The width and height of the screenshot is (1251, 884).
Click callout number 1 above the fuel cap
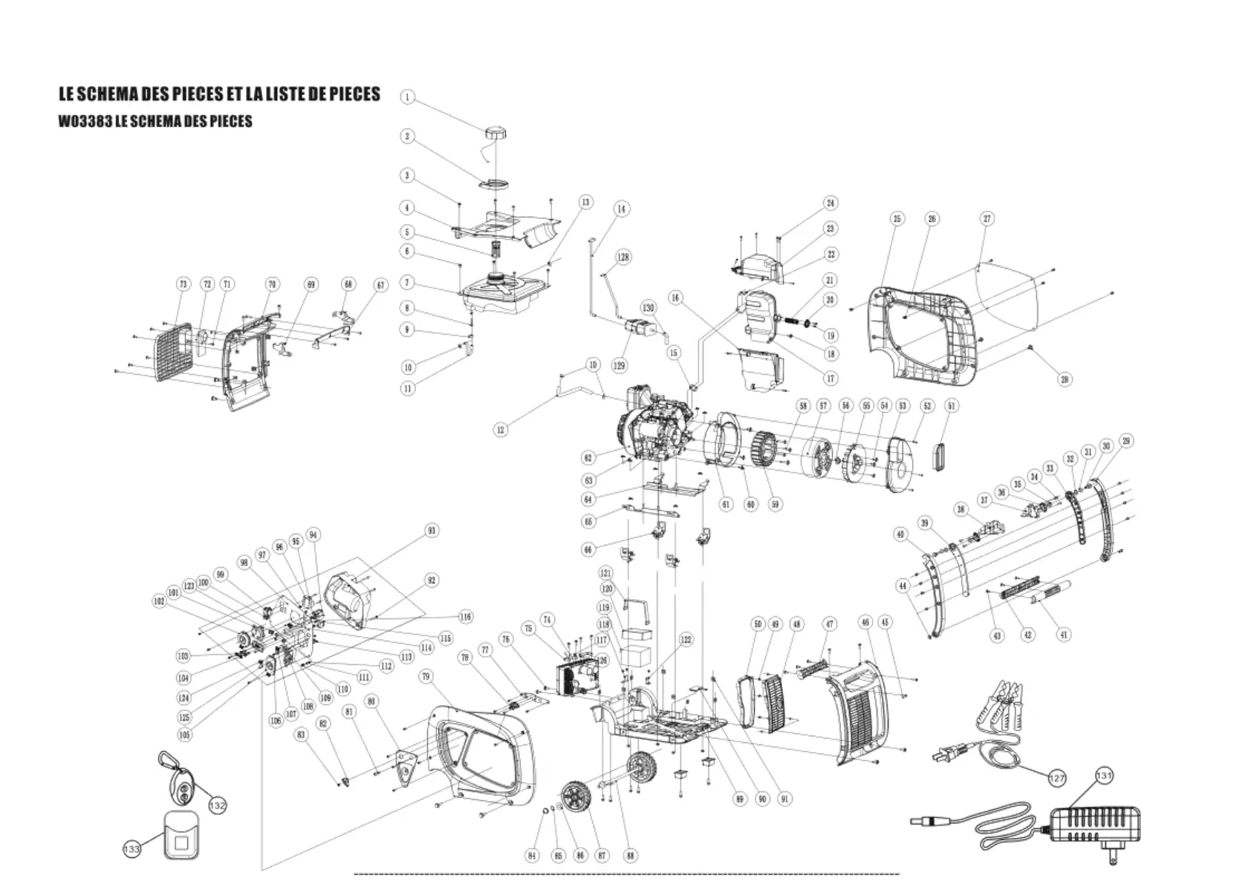pyautogui.click(x=407, y=97)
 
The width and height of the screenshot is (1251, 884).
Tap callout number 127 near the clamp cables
pyautogui.click(x=1056, y=778)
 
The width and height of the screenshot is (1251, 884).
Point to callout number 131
pyautogui.click(x=1104, y=776)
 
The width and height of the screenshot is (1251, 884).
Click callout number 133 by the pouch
pyautogui.click(x=131, y=849)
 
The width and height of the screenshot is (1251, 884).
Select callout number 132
pyautogui.click(x=217, y=805)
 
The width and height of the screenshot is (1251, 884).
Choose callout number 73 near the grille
pyautogui.click(x=183, y=284)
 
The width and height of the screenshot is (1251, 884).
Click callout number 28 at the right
pyautogui.click(x=1065, y=379)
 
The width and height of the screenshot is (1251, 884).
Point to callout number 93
pyautogui.click(x=432, y=531)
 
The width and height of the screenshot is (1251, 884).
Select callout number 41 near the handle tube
pyautogui.click(x=1064, y=635)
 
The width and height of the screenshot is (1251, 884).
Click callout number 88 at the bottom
pyautogui.click(x=630, y=855)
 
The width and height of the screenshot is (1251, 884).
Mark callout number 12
pyautogui.click(x=501, y=429)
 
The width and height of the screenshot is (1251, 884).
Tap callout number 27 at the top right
pyautogui.click(x=987, y=219)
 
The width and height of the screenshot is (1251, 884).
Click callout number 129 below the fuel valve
pyautogui.click(x=620, y=366)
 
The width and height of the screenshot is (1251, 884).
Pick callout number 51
pyautogui.click(x=952, y=406)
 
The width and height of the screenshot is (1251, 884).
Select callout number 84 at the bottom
pyautogui.click(x=532, y=856)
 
